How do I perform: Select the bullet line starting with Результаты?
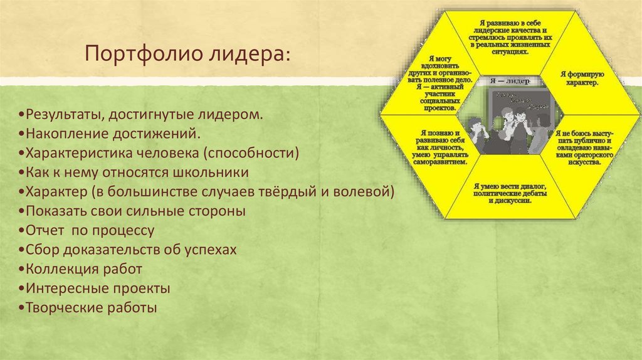(140, 116)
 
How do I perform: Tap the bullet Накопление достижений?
(110, 135)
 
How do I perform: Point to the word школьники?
(209, 172)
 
